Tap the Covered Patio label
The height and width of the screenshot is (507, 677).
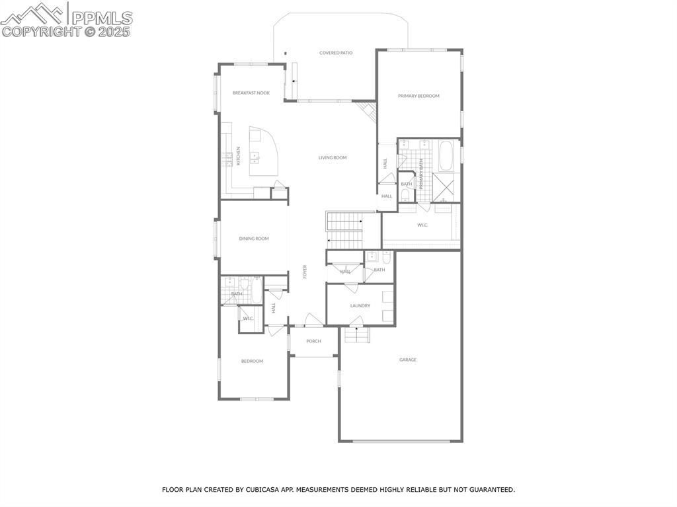pyautogui.click(x=336, y=53)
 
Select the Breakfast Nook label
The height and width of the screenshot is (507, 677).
pyautogui.click(x=251, y=93)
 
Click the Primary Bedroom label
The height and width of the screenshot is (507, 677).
pyautogui.click(x=418, y=96)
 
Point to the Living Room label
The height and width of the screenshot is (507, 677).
pyautogui.click(x=333, y=157)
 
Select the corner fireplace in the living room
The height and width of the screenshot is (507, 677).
pyautogui.click(x=365, y=110)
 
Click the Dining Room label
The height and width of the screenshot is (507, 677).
pyautogui.click(x=254, y=239)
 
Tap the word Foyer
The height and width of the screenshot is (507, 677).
pyautogui.click(x=305, y=272)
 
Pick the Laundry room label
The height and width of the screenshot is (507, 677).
pyautogui.click(x=360, y=305)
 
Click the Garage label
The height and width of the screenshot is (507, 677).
pyautogui.click(x=408, y=360)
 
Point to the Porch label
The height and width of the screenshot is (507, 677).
pyautogui.click(x=313, y=341)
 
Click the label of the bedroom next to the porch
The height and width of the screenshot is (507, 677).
pyautogui.click(x=252, y=361)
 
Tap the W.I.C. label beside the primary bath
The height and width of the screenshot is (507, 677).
pyautogui.click(x=422, y=225)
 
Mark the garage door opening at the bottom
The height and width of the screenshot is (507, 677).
pyautogui.click(x=401, y=441)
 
